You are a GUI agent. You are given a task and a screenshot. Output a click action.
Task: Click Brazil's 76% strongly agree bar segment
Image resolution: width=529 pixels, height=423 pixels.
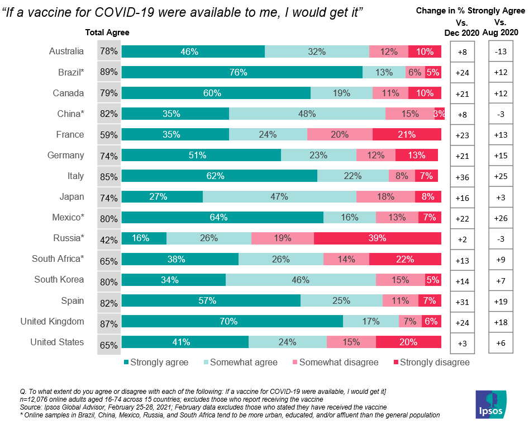pos(242,72)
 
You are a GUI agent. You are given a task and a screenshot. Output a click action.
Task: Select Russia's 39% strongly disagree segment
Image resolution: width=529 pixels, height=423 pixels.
pos(377,238)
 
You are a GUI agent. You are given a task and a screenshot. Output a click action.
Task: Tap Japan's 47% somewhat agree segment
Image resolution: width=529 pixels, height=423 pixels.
pos(279,196)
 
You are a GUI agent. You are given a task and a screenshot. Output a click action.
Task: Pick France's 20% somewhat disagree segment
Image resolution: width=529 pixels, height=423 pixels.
pos(340,134)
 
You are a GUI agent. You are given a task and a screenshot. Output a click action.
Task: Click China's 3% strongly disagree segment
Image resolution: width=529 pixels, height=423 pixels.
pos(440,114)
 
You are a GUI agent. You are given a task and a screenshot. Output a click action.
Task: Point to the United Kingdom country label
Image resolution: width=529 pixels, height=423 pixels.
pos(53,321)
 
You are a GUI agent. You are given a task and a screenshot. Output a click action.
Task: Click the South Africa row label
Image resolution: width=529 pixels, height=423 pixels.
pos(58,259)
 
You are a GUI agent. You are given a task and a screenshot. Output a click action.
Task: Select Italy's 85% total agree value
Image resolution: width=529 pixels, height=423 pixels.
pos(108,177)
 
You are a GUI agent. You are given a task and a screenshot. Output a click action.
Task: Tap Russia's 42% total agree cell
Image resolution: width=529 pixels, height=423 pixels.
pos(108,240)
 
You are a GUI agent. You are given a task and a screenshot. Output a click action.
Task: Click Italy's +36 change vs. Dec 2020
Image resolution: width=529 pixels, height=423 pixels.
pos(462,177)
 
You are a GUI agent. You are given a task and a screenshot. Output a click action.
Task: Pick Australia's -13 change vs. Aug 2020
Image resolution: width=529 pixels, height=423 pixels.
pos(501,51)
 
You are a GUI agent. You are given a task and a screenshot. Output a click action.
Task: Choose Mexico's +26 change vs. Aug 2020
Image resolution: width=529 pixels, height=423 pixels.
pos(501,218)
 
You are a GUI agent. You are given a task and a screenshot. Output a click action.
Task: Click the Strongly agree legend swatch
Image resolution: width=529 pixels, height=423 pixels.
pos(126,362)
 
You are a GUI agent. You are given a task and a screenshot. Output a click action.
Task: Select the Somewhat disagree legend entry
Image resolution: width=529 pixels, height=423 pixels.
pos(336,362)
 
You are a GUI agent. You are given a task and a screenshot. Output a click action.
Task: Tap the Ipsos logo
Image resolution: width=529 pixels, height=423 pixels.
pos(491,404)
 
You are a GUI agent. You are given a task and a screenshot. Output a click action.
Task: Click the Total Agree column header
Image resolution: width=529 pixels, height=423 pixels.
pos(107,32)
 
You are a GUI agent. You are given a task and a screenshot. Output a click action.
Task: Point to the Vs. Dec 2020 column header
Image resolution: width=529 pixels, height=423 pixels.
pos(461,28)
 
